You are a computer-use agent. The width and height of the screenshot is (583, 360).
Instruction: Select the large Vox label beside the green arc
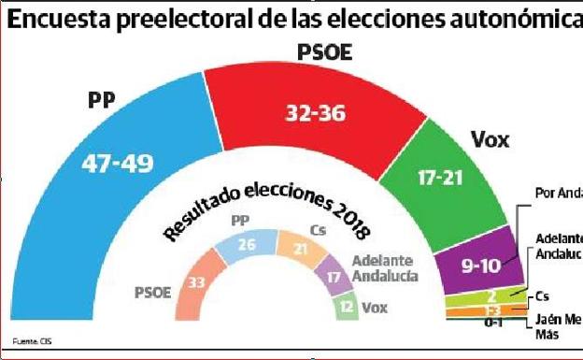click(490, 140)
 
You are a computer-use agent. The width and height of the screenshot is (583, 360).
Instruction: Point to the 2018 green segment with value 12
click(346, 307)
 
